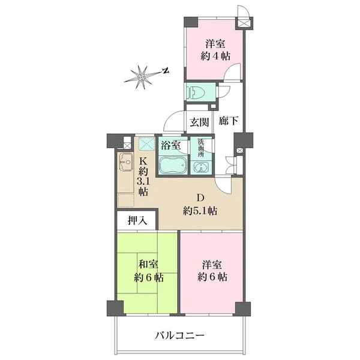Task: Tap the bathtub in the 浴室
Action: (x=173, y=165)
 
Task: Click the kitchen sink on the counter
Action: (x=125, y=162)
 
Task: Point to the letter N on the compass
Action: (x=166, y=71)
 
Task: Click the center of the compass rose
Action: (x=142, y=77)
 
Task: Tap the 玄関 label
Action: (x=199, y=122)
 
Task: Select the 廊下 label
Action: (x=228, y=121)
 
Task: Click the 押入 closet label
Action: (x=137, y=221)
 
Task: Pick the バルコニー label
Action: (x=179, y=336)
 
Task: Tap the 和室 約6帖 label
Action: (x=149, y=271)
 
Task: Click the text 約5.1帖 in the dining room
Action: (x=200, y=211)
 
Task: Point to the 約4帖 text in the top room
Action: (x=215, y=56)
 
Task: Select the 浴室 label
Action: (x=170, y=145)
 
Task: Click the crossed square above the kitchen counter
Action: (x=148, y=143)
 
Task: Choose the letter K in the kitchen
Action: (x=143, y=161)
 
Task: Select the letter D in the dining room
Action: (x=200, y=197)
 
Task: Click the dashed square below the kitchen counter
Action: (x=126, y=200)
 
